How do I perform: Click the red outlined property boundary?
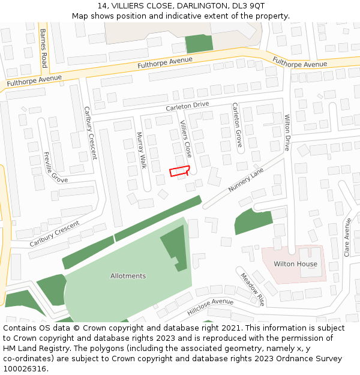click(179, 171)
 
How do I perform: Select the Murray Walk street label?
click(142, 150)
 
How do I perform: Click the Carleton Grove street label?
click(237, 125)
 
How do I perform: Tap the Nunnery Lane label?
click(245, 180)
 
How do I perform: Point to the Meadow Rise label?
click(253, 288)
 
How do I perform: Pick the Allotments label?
click(128, 276)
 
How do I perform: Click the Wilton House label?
click(295, 264)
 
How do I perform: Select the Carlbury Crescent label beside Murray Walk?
click(90, 133)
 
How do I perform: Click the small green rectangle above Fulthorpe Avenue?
click(199, 43)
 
